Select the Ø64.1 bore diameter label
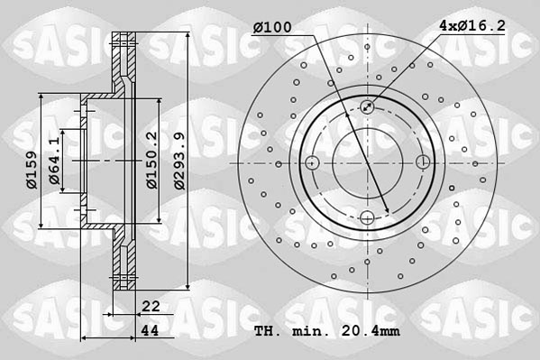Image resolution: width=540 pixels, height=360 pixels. click(x=55, y=162)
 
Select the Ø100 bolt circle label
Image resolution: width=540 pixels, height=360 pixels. click(x=271, y=27)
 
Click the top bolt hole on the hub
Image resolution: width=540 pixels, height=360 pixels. click(x=367, y=107)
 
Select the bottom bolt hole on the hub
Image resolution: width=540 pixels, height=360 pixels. click(x=367, y=217)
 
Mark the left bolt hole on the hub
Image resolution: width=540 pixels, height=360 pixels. click(x=312, y=162)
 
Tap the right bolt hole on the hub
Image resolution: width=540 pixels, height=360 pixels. click(x=423, y=162)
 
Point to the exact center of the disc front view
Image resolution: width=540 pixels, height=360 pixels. click(x=367, y=162)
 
